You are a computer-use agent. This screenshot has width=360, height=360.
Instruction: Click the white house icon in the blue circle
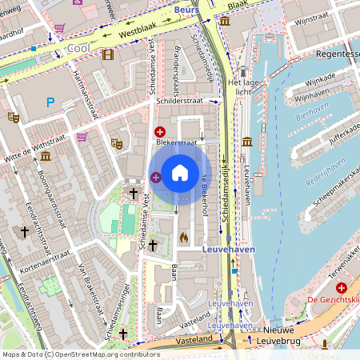[x=180, y=172]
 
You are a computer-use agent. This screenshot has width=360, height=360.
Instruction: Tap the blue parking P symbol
[x=50, y=102]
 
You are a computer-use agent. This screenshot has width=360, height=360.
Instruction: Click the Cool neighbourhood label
[x=78, y=48]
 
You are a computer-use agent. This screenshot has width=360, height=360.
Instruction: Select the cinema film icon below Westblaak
[x=107, y=54]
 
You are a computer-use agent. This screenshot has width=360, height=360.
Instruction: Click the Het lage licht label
[x=243, y=87]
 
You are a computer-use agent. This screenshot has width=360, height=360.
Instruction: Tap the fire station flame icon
[x=183, y=237]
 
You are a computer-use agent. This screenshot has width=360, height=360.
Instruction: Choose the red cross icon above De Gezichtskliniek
[x=342, y=287]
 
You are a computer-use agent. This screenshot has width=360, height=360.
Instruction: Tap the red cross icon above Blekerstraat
[x=160, y=131]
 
